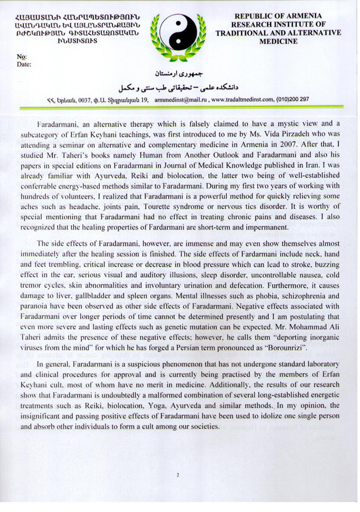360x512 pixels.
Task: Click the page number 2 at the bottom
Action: coord(178,476)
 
